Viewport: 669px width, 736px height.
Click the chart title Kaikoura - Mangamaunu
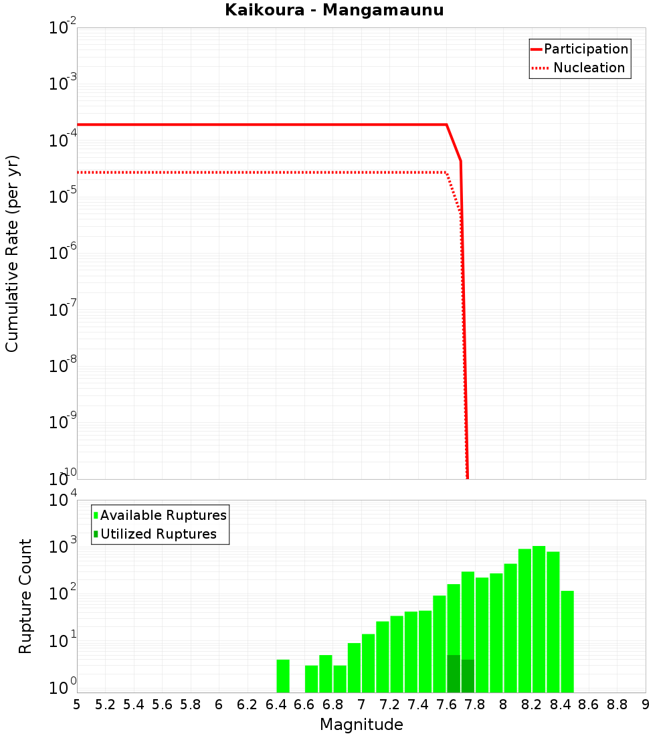coord(334,10)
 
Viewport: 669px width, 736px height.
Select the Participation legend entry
coord(585,49)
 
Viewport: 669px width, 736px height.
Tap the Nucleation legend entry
coord(588,68)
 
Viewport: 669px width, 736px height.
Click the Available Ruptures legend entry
coord(163,515)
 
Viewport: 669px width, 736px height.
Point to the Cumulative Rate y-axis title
coord(12,253)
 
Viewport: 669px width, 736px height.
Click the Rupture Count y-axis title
coord(25,596)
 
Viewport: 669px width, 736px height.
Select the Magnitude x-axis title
coord(361,725)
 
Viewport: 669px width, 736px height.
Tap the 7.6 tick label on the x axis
coord(446,705)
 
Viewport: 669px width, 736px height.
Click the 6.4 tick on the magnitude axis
coord(276,705)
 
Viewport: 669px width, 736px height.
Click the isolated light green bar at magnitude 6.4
coord(283,676)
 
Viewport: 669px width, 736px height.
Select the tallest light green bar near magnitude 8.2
coord(539,619)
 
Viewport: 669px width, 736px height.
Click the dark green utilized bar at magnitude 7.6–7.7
coord(454,674)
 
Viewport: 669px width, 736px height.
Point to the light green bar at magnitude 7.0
coord(368,663)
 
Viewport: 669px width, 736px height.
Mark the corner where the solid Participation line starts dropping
coord(446,124)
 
